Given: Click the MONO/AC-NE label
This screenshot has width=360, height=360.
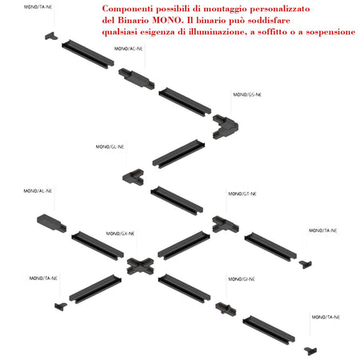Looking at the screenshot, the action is click(x=128, y=49).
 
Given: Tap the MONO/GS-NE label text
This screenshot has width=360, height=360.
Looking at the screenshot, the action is click(x=247, y=94).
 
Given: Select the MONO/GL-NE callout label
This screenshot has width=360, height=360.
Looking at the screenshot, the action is click(x=110, y=147).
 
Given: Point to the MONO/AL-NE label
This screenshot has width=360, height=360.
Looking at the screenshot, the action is click(x=38, y=191).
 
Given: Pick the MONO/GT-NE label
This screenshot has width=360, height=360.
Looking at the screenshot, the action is click(x=242, y=194).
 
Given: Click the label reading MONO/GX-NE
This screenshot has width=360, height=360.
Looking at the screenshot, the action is click(x=120, y=234).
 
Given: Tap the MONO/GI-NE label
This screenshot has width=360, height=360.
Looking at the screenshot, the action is click(x=242, y=279).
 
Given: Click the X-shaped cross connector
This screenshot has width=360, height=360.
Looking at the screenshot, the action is click(x=140, y=266).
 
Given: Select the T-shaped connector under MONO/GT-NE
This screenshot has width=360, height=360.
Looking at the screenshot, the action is click(x=226, y=225).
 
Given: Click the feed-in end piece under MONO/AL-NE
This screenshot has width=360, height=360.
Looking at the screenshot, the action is click(x=51, y=223).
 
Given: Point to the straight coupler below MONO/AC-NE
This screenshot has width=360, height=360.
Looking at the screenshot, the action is click(x=136, y=78).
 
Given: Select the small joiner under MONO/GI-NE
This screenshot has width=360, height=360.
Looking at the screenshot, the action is click(x=226, y=309).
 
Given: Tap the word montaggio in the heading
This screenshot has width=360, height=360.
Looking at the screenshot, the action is click(x=226, y=10).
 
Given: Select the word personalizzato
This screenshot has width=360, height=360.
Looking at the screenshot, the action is click(x=280, y=10).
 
